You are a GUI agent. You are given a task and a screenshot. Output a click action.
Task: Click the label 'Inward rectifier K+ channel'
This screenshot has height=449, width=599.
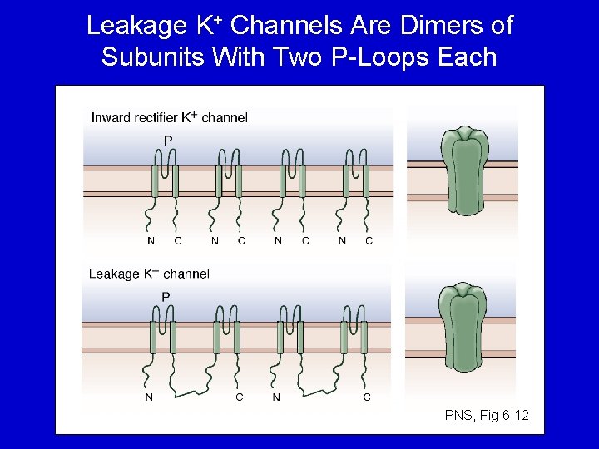click(x=169, y=117)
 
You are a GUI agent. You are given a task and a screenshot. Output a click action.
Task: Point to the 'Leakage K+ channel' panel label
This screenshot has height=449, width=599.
click(x=149, y=274)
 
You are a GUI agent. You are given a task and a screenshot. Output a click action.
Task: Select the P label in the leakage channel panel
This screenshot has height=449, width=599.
click(x=166, y=296)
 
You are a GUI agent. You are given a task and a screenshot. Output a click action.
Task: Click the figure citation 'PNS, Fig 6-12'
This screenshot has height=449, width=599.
click(x=487, y=415)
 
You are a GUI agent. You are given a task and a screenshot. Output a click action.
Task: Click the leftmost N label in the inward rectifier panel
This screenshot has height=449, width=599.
click(x=151, y=241)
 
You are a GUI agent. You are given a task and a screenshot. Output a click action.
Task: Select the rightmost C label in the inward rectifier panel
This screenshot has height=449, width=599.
click(x=369, y=241)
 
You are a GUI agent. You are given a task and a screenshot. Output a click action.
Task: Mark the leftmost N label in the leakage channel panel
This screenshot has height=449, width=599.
click(x=149, y=397)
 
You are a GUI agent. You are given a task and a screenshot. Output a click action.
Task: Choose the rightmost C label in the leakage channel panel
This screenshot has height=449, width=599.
click(x=367, y=397)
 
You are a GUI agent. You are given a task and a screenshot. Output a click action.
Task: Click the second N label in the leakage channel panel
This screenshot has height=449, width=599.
click(x=276, y=397)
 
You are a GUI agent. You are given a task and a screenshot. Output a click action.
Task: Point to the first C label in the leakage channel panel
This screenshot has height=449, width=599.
click(x=240, y=397)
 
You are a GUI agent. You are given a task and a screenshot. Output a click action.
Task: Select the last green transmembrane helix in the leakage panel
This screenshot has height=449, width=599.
click(x=364, y=338)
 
